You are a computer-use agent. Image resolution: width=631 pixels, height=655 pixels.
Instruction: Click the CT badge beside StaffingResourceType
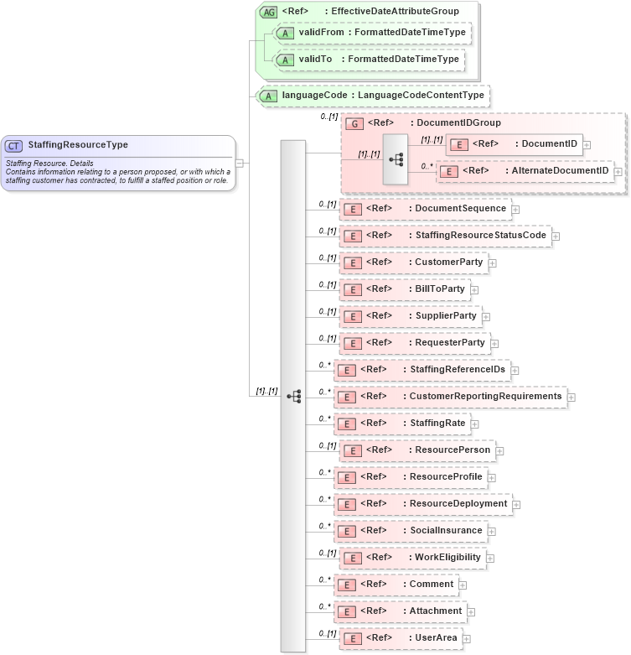coord(14,145)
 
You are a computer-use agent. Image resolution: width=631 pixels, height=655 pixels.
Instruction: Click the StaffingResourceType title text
coord(78,145)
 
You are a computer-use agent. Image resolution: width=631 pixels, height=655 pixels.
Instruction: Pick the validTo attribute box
coord(370,60)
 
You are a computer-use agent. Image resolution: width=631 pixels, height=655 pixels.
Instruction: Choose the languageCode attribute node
coord(374,96)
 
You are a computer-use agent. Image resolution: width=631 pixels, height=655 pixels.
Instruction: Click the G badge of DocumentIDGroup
coord(354,123)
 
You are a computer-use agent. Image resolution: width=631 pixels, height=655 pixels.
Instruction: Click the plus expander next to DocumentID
coord(587,144)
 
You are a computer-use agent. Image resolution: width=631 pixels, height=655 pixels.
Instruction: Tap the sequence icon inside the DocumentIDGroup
coord(396,158)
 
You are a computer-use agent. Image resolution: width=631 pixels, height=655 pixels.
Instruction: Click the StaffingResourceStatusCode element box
coord(445,236)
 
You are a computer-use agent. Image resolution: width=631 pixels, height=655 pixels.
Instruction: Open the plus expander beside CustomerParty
coord(493,263)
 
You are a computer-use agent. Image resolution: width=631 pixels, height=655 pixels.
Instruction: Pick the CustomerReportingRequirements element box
coord(450,397)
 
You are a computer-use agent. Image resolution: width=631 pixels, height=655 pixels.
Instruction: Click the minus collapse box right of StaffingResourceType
coord(240,163)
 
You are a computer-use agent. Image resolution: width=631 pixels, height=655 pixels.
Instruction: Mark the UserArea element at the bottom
coord(400,638)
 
